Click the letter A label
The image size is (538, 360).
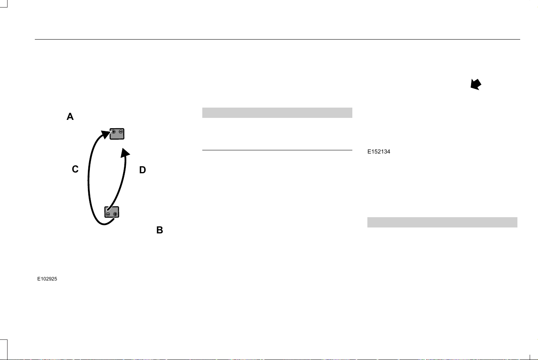coord(70,117)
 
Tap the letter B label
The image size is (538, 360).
coord(160,230)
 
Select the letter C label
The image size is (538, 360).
coord(75,169)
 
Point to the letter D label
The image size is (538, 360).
coord(143,170)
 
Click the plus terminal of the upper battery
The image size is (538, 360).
coord(114,132)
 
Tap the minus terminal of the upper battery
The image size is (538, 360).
coord(121,132)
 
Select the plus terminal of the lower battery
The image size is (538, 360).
coord(115,214)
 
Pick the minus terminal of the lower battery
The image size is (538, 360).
coord(108,214)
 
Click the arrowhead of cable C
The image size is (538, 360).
coord(106,134)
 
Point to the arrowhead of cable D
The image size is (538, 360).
coord(125,153)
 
